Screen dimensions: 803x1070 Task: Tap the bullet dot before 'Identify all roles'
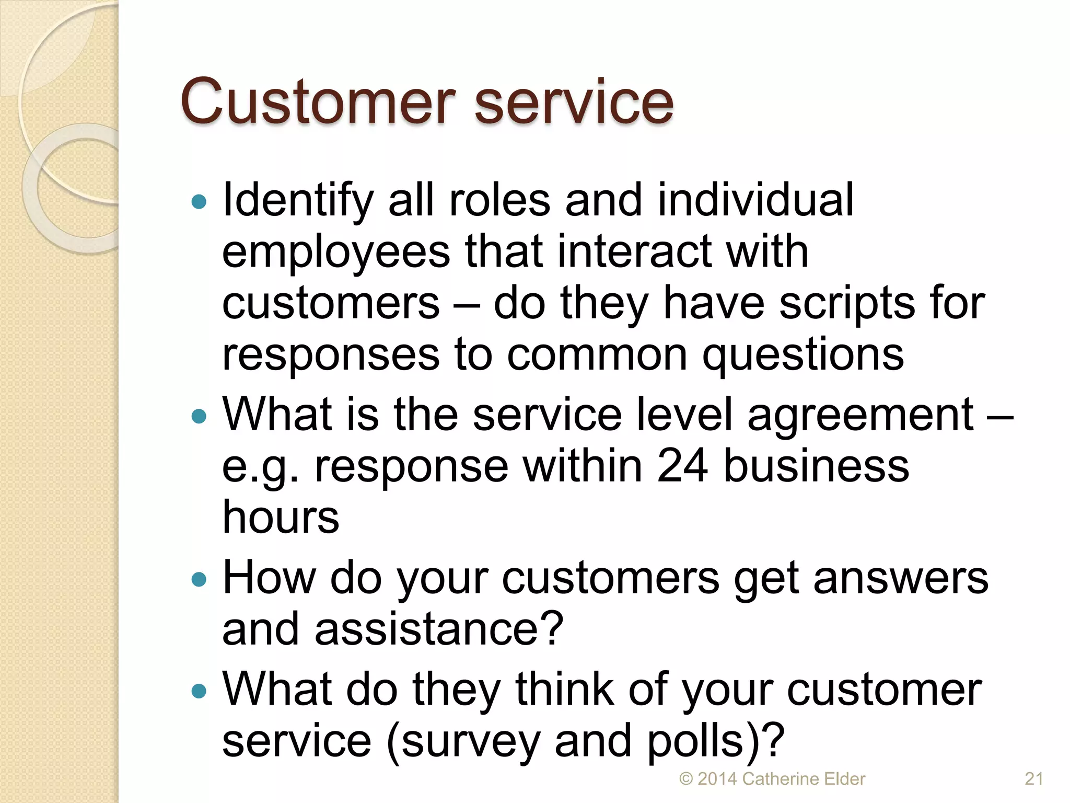click(x=199, y=202)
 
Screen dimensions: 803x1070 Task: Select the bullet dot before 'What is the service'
click(x=199, y=416)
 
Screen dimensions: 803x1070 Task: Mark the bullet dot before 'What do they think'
click(x=199, y=691)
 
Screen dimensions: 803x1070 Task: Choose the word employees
click(x=335, y=252)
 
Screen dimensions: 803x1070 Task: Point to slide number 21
click(x=1034, y=779)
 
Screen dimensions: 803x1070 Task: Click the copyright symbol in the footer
click(x=685, y=779)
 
